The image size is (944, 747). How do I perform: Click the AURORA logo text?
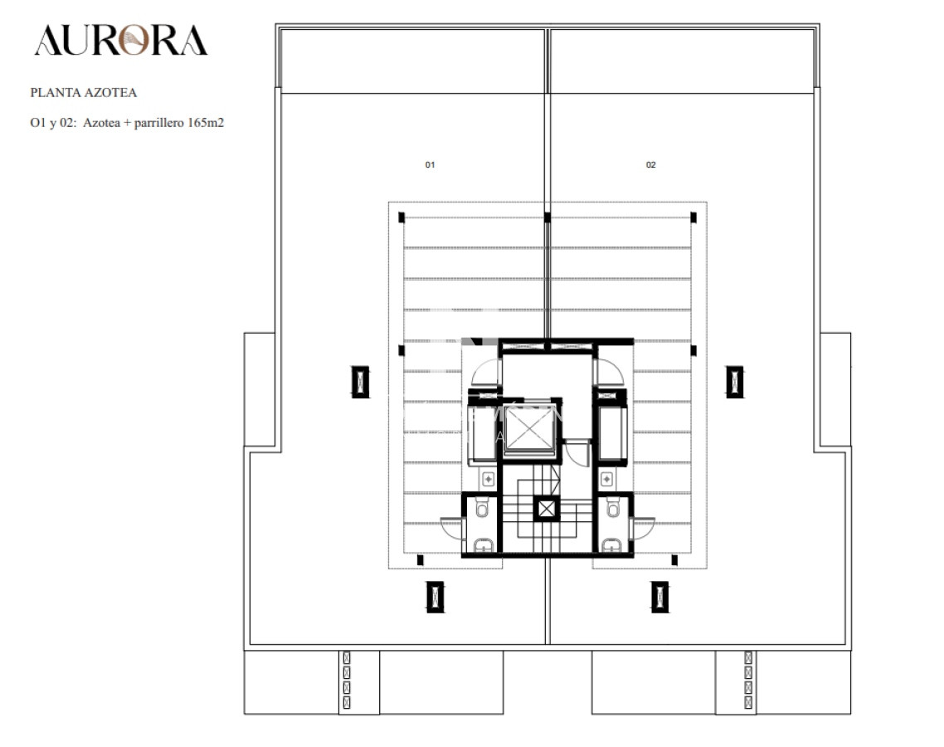[x=121, y=41]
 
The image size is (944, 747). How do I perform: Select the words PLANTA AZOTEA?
[x=84, y=93]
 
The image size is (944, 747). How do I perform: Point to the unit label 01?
[x=430, y=164]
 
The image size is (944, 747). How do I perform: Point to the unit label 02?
[x=651, y=164]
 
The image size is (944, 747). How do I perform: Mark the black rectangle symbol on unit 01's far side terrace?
[x=360, y=382]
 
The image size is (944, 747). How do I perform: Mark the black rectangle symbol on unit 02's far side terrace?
[x=734, y=382]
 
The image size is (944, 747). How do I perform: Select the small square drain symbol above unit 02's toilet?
[x=607, y=478]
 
